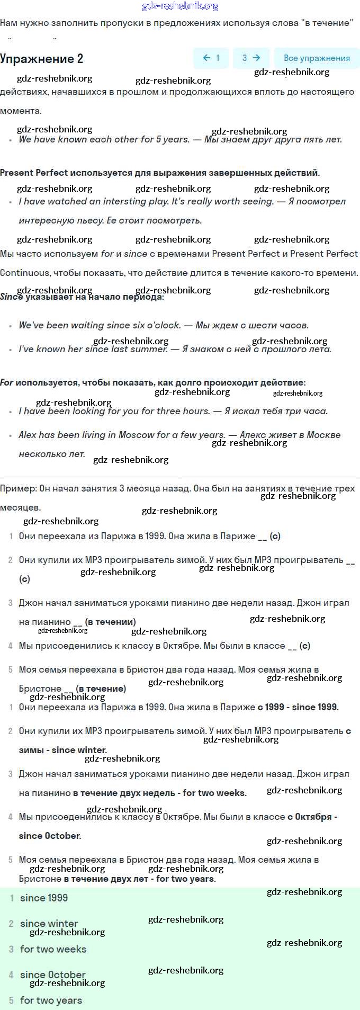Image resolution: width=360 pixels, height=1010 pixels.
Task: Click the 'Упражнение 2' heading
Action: click(x=42, y=59)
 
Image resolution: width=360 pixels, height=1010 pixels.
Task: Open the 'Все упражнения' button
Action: click(x=317, y=58)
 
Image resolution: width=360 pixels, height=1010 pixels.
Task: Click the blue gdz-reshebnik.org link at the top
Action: click(x=180, y=6)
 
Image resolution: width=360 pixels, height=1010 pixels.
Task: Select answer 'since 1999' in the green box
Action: click(x=44, y=898)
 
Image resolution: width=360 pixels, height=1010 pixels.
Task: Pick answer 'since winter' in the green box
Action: click(x=49, y=923)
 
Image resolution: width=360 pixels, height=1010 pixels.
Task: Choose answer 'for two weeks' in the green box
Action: click(x=53, y=949)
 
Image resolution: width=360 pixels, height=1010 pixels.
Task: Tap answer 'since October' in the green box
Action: click(x=52, y=975)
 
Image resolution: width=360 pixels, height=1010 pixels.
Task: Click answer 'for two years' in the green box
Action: click(x=51, y=1000)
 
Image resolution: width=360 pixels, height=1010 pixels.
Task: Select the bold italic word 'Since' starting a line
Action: click(x=11, y=297)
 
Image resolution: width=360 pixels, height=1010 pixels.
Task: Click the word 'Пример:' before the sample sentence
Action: click(x=19, y=488)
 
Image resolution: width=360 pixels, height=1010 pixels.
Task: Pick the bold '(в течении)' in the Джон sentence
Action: click(x=110, y=622)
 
